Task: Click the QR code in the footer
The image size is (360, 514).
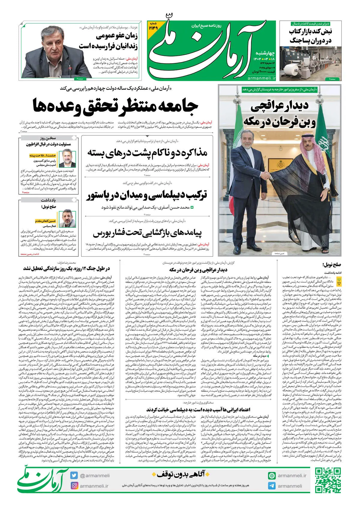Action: pos(328,480)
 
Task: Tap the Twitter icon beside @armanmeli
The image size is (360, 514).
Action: pos(74,476)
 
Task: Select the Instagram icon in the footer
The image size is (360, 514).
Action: pos(74,486)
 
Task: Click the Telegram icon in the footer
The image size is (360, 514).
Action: pos(272,486)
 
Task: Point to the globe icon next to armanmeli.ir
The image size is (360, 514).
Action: pos(272,476)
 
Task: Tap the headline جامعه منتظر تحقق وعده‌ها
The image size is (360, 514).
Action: pos(115,106)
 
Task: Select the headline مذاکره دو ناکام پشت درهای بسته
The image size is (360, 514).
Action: pos(147,153)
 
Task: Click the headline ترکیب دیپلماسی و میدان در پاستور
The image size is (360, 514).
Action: pos(147,196)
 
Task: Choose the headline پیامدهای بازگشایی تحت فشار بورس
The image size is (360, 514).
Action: pos(147,233)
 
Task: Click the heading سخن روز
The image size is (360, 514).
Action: pos(48,138)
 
